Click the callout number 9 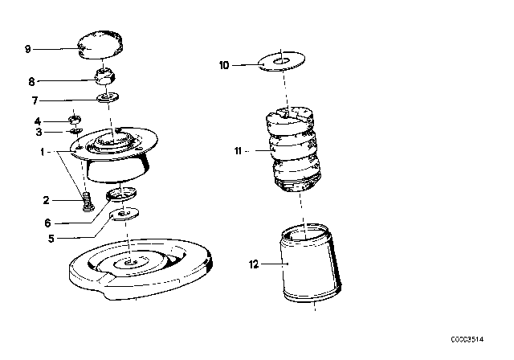[x=27, y=49]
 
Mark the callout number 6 [x=47, y=223]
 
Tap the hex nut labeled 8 [x=104, y=78]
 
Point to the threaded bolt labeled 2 [x=88, y=198]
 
